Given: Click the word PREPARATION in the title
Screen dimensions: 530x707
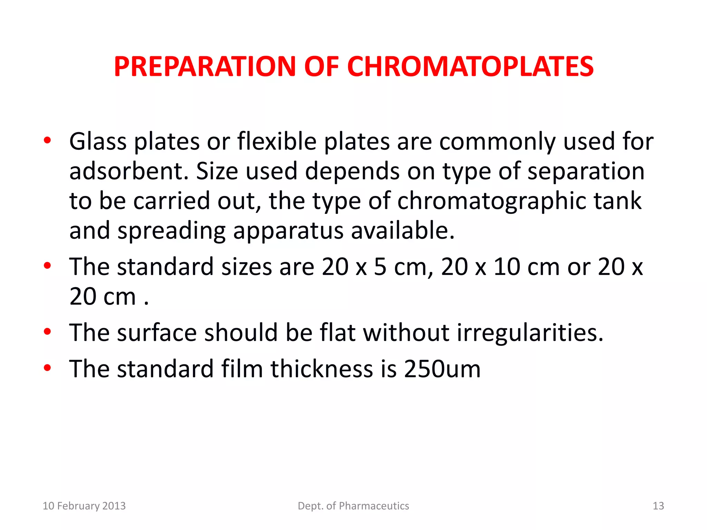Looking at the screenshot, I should [205, 66].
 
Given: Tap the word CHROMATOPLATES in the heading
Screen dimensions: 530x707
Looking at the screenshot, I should [470, 66].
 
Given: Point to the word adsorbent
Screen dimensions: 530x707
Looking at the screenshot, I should [129, 171].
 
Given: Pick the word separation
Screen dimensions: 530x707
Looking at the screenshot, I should [586, 171].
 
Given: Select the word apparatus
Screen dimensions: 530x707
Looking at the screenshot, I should [288, 231].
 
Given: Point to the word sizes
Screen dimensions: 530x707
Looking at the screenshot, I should [246, 267].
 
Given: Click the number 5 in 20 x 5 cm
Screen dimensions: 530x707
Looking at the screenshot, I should [380, 267].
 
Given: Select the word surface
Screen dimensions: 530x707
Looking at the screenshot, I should [157, 333].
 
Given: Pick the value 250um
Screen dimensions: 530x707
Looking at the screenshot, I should [442, 369].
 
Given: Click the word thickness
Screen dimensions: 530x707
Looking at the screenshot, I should [322, 369].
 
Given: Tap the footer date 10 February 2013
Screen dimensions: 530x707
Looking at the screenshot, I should [84, 506].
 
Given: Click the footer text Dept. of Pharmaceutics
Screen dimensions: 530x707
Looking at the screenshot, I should [353, 506].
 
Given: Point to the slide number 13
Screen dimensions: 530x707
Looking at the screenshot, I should [658, 506].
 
